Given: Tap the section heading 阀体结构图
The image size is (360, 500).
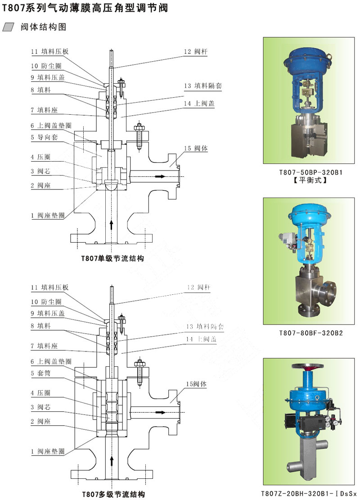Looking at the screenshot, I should (43, 27).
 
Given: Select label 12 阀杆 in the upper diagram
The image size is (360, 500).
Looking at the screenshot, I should (196, 51).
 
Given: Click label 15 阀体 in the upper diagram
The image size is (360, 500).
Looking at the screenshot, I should (196, 148).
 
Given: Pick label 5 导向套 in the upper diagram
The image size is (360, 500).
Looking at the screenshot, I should (44, 137).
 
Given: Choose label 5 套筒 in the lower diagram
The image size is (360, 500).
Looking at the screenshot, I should (41, 373).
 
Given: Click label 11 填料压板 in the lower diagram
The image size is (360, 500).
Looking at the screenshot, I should (49, 288).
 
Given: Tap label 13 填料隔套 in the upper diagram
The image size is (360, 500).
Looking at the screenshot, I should (202, 86).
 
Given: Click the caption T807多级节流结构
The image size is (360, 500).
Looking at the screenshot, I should (113, 494).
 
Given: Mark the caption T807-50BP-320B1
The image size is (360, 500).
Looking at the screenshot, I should (310, 172).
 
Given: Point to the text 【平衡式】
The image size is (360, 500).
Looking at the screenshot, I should (310, 180).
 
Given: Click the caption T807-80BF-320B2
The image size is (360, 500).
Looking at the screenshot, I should (310, 333).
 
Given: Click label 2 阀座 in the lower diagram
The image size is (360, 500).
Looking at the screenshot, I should (40, 421).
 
